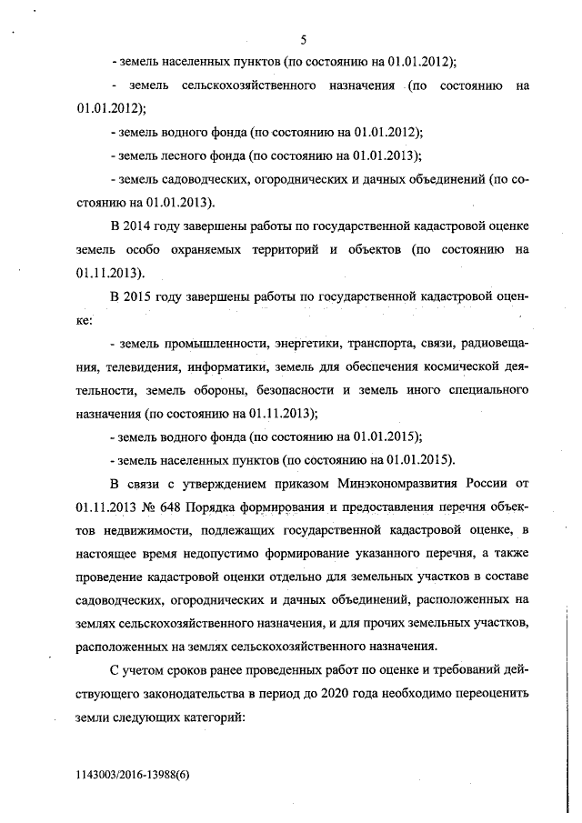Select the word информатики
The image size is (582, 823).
pyautogui.click(x=227, y=366)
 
